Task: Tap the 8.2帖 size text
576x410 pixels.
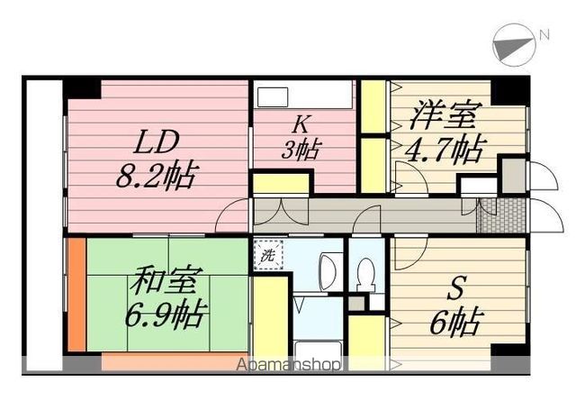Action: click(x=158, y=172)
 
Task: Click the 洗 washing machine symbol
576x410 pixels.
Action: click(x=268, y=254)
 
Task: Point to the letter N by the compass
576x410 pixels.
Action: click(x=544, y=36)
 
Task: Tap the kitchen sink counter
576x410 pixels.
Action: click(x=305, y=96)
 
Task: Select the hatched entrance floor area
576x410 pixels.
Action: click(x=499, y=215)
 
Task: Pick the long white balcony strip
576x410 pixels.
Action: click(x=42, y=225)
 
